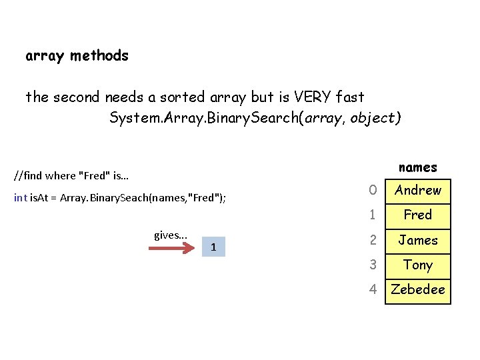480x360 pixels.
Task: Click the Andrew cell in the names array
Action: (x=418, y=191)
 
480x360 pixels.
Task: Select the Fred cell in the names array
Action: (x=418, y=215)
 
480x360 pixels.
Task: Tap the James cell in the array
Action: (x=418, y=240)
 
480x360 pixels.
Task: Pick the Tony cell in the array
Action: (x=418, y=265)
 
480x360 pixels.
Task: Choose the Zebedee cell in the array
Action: (x=418, y=290)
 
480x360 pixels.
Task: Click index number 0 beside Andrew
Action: (x=373, y=191)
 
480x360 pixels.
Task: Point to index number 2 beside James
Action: (x=373, y=240)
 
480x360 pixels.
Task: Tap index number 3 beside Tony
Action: (x=373, y=265)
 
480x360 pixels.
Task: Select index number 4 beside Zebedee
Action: (x=373, y=290)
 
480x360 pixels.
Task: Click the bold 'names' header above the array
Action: (x=417, y=167)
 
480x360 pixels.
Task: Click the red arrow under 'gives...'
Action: (x=171, y=249)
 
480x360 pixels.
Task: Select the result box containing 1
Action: (x=213, y=247)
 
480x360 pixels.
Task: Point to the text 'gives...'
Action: (x=171, y=235)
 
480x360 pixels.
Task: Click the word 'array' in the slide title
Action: (x=44, y=56)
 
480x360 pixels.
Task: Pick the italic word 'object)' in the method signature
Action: (x=377, y=119)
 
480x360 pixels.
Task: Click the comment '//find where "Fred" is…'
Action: (x=71, y=177)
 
